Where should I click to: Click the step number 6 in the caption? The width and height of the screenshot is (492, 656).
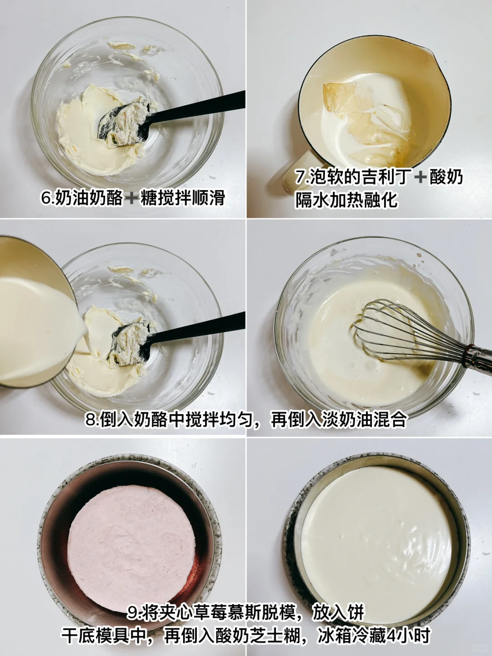(x=46, y=198)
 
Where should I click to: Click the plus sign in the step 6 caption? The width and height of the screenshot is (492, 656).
(x=132, y=198)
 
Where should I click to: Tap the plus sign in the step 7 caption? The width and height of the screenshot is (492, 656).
(x=421, y=177)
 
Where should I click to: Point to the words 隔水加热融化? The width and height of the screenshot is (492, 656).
(x=346, y=200)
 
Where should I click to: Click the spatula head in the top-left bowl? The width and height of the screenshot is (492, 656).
(x=124, y=123)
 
